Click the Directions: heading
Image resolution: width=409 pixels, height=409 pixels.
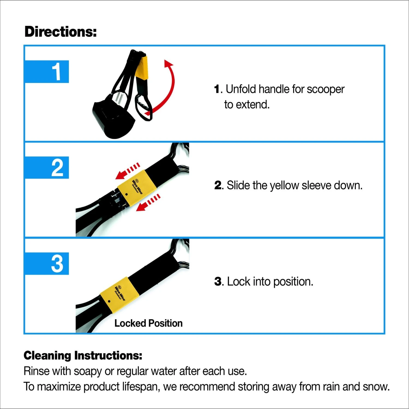61,32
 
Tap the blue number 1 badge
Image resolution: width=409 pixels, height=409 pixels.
47,72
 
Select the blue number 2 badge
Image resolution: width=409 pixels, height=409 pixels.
47,168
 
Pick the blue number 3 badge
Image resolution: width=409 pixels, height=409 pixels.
47,264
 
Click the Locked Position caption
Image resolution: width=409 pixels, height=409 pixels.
148,323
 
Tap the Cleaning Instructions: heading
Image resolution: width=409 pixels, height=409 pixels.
83,356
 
